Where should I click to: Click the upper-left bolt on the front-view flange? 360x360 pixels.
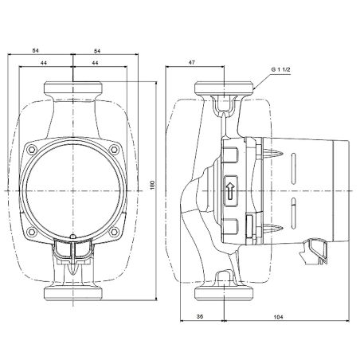click(x=33, y=149)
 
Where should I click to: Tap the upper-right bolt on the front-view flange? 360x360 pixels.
click(x=115, y=149)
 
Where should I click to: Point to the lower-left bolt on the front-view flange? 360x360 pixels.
click(x=33, y=233)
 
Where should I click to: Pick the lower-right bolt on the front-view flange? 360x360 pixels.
click(x=115, y=233)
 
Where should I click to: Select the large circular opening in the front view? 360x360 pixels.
click(x=73, y=191)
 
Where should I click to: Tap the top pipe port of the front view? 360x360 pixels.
click(x=73, y=88)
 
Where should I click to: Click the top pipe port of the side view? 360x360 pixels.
click(x=227, y=88)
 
